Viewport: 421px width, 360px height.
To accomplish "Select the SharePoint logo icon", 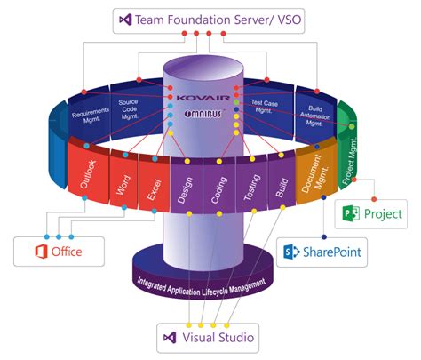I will (x=290, y=252).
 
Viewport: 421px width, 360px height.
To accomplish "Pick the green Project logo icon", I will (x=351, y=214).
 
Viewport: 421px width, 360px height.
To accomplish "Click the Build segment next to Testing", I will (x=280, y=185).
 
